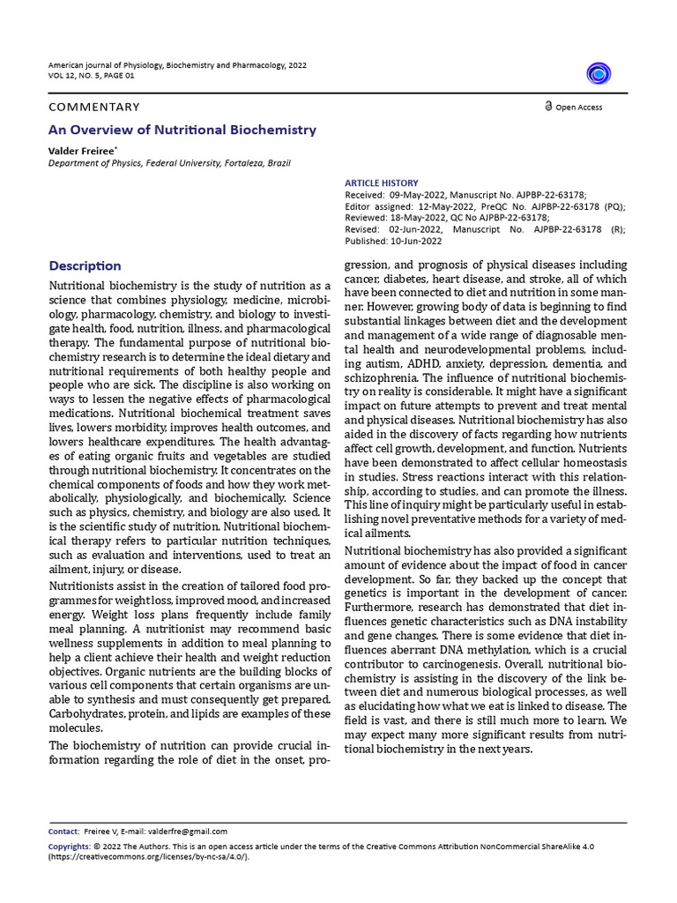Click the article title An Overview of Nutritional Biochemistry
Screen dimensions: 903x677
[x=182, y=130]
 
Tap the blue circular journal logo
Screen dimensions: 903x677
[x=599, y=73]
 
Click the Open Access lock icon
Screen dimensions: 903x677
[x=548, y=107]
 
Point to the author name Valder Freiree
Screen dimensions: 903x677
[x=81, y=152]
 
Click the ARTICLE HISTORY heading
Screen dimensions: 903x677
[x=382, y=183]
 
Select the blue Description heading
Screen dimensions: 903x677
[x=86, y=265]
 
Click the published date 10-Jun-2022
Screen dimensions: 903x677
[x=420, y=241]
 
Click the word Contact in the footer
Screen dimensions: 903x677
[x=63, y=831]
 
